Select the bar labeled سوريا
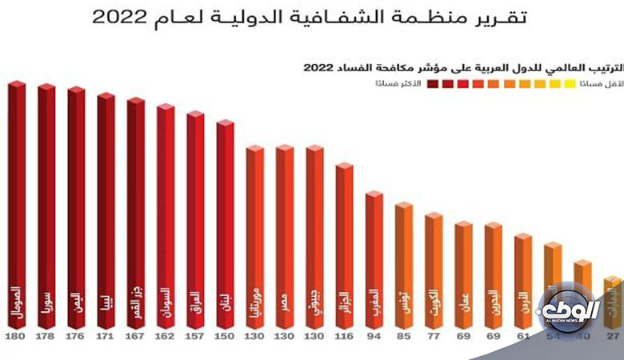coord(46,204)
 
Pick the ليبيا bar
coord(106,208)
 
